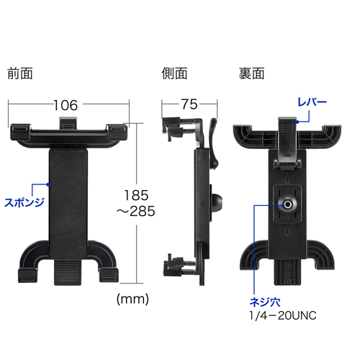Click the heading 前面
click(x=20, y=73)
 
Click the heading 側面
click(x=175, y=73)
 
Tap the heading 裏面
click(x=251, y=73)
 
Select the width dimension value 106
click(x=65, y=105)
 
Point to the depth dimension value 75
click(x=189, y=105)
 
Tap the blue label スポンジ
click(x=24, y=201)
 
